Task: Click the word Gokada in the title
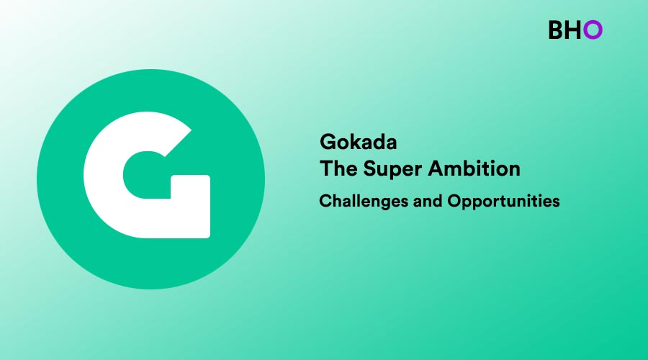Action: (x=359, y=142)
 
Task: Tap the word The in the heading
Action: (x=338, y=168)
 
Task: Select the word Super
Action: (x=392, y=169)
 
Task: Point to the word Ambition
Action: (x=474, y=168)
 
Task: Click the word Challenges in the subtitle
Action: (x=364, y=202)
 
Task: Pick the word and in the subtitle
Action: (x=428, y=202)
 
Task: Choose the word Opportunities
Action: (x=503, y=202)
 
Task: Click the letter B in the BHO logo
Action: (x=557, y=30)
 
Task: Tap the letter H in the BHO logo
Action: (x=575, y=30)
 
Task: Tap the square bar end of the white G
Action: (x=191, y=207)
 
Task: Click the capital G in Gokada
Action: (x=328, y=142)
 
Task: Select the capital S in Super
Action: (x=371, y=168)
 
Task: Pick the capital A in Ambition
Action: (x=436, y=168)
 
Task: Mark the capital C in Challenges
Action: (x=326, y=202)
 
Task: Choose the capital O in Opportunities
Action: (x=455, y=202)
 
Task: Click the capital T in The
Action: (x=326, y=168)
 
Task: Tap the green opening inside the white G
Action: (x=147, y=175)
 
